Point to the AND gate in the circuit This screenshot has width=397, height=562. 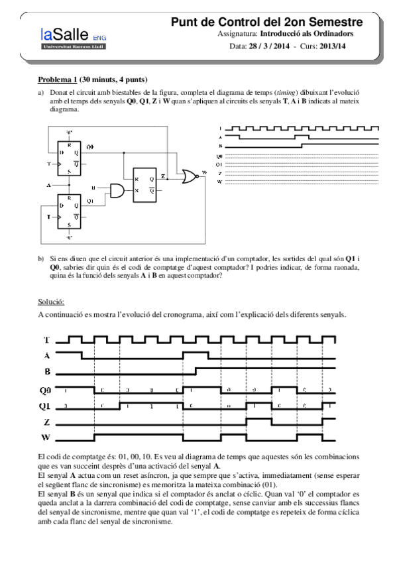pos(117,191)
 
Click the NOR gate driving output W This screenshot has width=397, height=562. pos(191,176)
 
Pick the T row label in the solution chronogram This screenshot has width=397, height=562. pos(46,340)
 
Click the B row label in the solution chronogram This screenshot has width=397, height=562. pos(47,371)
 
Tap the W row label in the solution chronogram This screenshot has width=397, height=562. pos(47,437)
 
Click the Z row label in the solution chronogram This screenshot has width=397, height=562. pos(47,421)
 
